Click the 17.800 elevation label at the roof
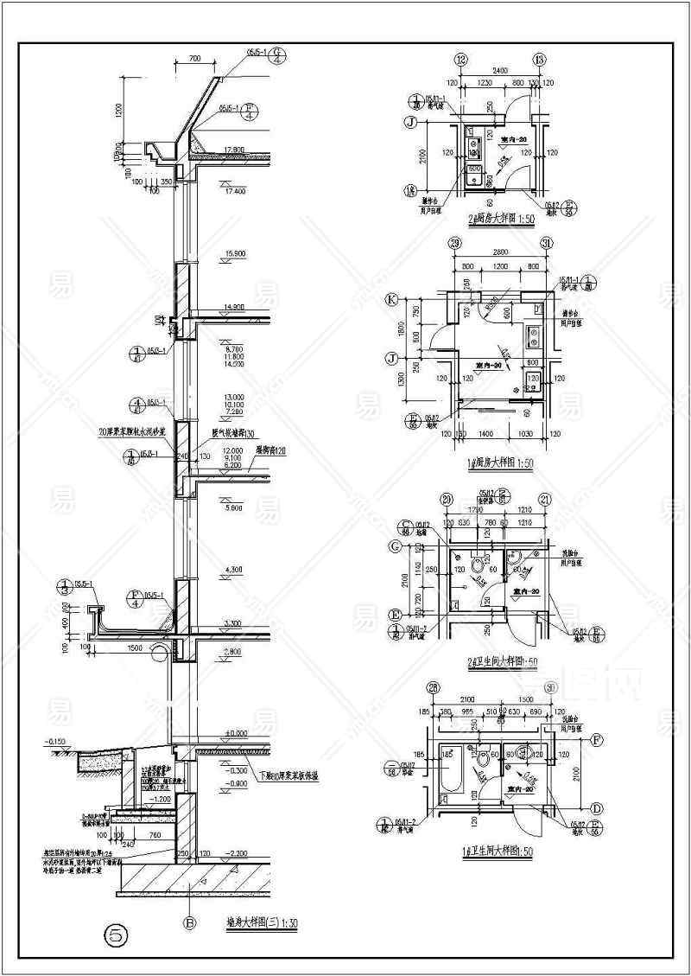click(x=234, y=149)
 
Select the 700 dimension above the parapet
click(x=193, y=58)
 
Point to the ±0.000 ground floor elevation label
click(x=235, y=733)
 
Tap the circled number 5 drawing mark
click(x=116, y=935)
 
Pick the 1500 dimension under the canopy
click(x=135, y=647)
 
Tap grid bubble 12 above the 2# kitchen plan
click(x=460, y=60)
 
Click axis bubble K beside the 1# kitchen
click(x=391, y=301)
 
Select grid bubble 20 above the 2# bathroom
click(x=447, y=499)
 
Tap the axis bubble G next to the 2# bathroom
click(x=394, y=546)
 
